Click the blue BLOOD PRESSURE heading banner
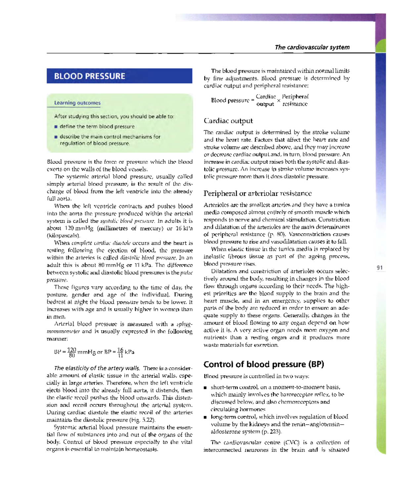click(119, 76)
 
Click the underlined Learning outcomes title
click(77, 103)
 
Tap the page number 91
click(379, 268)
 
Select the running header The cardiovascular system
click(312, 47)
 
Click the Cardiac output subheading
click(228, 121)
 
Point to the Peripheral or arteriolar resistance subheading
click(257, 194)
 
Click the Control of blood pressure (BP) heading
click(264, 364)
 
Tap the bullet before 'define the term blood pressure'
click(56, 127)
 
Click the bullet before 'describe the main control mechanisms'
click(56, 137)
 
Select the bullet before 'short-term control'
click(205, 387)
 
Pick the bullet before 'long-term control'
click(205, 417)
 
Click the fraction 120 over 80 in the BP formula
click(71, 352)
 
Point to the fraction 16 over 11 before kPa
click(120, 352)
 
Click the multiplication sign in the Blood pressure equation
click(279, 100)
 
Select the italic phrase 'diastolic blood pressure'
click(148, 258)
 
